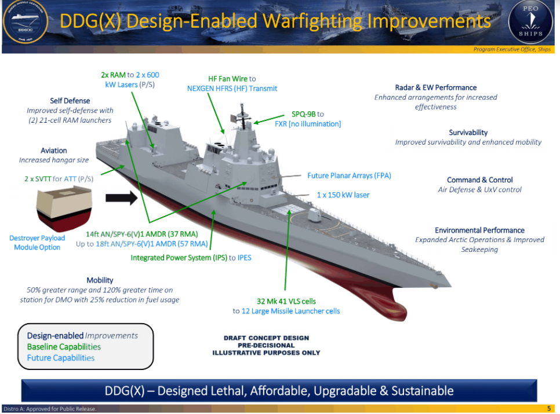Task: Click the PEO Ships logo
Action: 530,21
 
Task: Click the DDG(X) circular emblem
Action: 26,22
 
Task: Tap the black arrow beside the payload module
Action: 121,198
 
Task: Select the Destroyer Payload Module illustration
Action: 64,208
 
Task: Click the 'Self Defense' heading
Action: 70,101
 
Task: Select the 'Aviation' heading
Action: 53,151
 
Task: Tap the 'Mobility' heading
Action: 100,280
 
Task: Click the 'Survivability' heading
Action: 468,133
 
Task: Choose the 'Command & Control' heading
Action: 479,180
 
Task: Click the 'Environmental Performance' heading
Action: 479,230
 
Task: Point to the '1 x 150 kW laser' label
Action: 343,195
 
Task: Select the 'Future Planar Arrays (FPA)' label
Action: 350,176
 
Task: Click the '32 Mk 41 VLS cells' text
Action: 286,301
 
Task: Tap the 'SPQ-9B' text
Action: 304,114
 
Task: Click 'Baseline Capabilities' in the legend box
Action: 64,347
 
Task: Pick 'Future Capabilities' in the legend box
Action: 61,358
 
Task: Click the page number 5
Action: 549,409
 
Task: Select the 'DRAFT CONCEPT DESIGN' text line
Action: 267,338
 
